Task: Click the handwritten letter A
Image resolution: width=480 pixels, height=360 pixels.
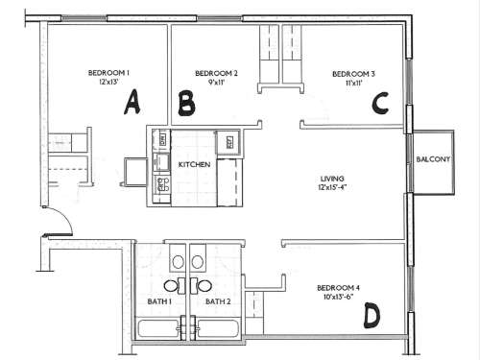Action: [x=132, y=101]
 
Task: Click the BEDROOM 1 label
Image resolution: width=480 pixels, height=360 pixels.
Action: [x=108, y=73]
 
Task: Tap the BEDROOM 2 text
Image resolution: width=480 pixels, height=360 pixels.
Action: [x=216, y=73]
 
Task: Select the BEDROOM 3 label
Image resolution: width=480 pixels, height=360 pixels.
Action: [x=353, y=73]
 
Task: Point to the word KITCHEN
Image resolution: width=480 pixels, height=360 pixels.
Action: [x=194, y=164]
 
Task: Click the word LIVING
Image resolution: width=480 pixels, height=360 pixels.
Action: [x=333, y=178]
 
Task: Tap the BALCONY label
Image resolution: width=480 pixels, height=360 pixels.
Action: [x=434, y=158]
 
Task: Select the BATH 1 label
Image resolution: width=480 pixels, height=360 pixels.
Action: [x=158, y=301]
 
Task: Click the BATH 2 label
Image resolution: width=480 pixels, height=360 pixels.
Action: [x=218, y=301]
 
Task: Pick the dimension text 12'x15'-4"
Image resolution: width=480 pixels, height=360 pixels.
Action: [x=333, y=187]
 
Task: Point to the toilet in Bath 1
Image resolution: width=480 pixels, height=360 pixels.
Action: [x=178, y=261]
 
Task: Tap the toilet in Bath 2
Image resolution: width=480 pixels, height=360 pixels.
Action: [x=199, y=261]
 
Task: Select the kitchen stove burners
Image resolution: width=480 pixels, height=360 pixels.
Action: [x=161, y=182]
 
